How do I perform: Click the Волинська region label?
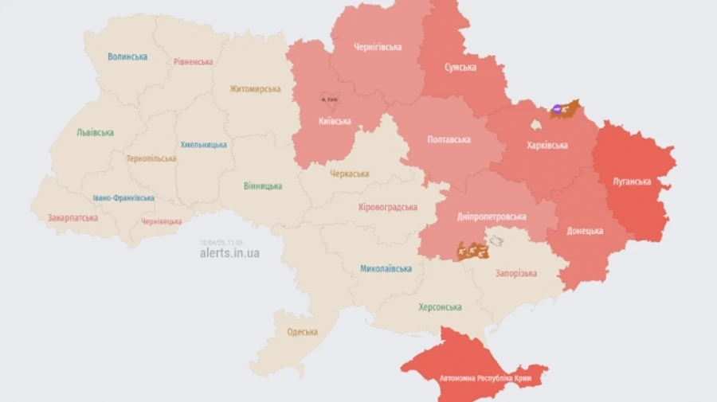coord(127,57)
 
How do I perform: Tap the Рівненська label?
coord(194,61)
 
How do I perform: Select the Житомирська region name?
coord(255,89)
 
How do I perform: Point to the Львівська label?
coord(95,133)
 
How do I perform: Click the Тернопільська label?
coord(151,158)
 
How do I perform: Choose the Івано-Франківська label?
coord(123,197)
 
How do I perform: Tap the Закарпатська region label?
coord(72,217)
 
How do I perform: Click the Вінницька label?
coord(263,185)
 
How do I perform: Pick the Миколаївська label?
coord(386,268)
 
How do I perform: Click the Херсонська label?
coord(440,307)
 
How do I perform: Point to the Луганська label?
coord(632,181)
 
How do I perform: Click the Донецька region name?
coord(585,231)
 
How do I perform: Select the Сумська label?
coord(460,67)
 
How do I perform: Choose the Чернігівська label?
coord(378,47)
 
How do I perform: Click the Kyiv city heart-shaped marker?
coord(328,98)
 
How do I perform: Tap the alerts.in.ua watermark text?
coord(229,253)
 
